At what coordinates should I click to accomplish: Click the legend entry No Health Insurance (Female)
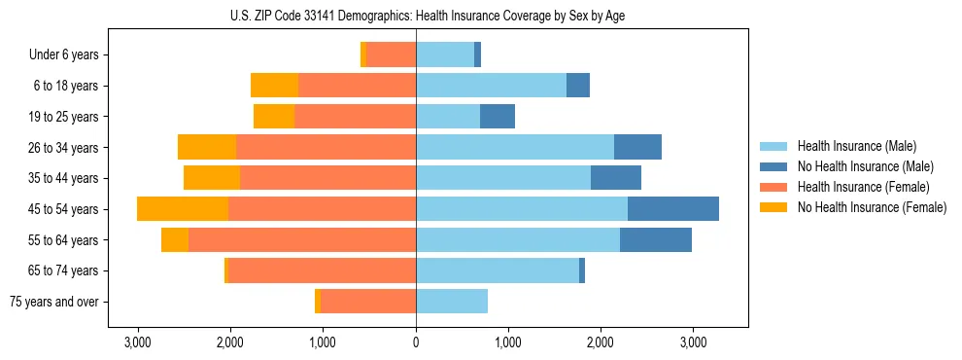point(872,207)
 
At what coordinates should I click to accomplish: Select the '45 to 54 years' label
point(63,209)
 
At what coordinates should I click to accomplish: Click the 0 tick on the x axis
point(416,342)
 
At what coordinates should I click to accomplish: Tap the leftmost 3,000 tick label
point(138,342)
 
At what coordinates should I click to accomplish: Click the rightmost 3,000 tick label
point(693,342)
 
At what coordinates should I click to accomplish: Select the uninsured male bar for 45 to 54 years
point(673,209)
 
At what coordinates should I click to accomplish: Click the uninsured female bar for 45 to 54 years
point(183,209)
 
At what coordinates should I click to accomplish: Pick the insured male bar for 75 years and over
point(452,302)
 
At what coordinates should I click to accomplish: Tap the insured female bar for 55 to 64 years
point(302,240)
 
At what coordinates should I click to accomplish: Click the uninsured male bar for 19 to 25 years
point(498,117)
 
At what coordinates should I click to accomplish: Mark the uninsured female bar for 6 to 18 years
point(274,86)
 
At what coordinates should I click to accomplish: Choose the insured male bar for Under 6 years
point(445,55)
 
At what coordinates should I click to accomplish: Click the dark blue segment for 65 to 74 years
point(582,270)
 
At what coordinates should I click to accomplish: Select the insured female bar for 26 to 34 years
point(326,148)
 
